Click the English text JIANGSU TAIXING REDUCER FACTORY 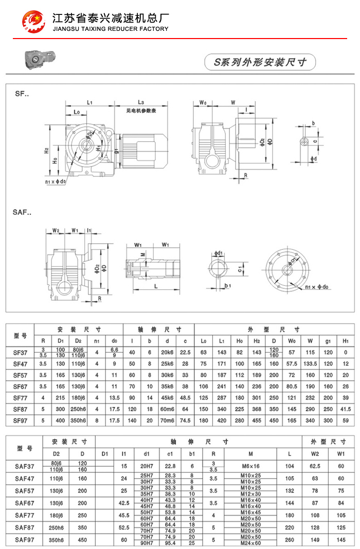coord(111,29)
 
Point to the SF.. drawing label coord(22,94)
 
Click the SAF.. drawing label coord(24,211)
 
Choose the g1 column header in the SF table coord(327,340)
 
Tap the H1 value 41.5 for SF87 coord(345,408)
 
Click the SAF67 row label coord(25,503)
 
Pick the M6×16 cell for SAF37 coord(250,466)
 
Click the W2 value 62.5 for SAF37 coord(316,466)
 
